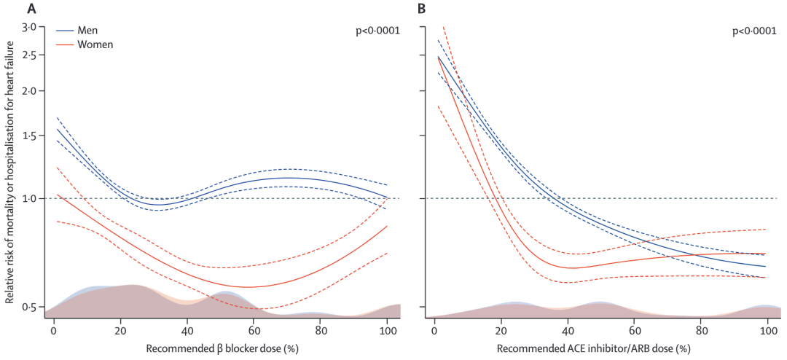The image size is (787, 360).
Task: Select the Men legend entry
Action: click(82, 31)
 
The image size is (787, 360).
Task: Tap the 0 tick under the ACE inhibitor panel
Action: click(434, 330)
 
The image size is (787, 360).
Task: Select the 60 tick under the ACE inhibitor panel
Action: click(634, 330)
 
